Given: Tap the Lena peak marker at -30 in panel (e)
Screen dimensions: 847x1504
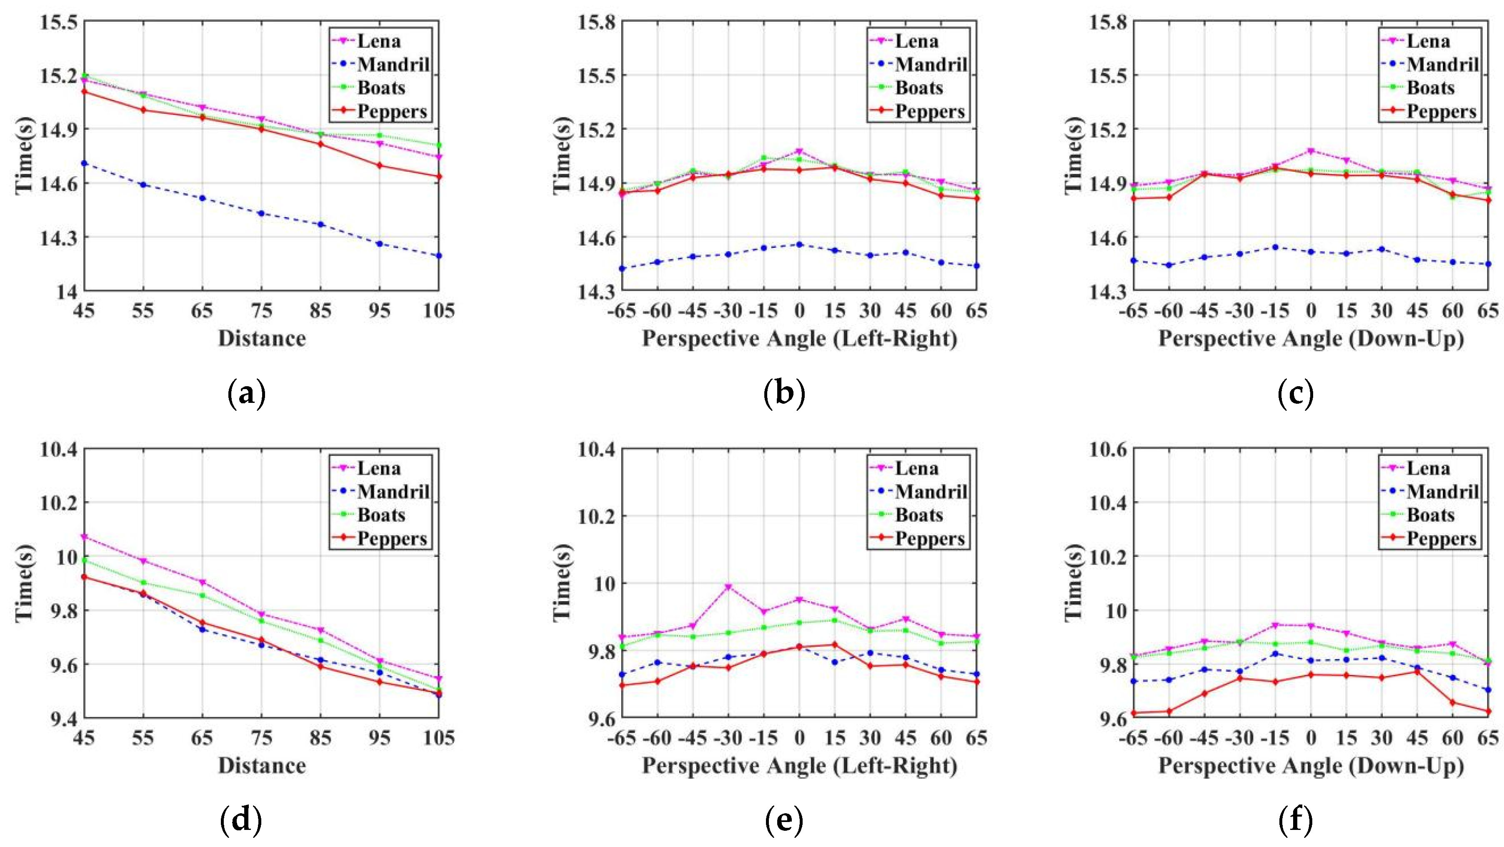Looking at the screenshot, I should pos(728,587).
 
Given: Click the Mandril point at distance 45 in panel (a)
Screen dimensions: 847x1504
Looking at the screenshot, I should pos(84,163).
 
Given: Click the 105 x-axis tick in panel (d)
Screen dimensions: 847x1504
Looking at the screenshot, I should pos(438,738).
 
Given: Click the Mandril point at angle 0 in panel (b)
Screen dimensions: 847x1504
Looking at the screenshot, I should pos(799,245).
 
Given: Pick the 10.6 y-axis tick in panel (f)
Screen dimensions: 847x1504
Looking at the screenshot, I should pos(1108,450).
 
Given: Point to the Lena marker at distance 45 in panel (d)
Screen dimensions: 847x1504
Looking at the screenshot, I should pos(84,537).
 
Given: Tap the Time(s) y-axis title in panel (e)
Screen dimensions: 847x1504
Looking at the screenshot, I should pos(563,582).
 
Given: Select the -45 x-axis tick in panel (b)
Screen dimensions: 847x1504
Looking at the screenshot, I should pos(693,310).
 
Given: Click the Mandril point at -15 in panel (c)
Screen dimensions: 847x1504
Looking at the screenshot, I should pos(1276,247).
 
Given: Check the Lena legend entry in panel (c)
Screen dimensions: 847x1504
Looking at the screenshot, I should pos(1427,41).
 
